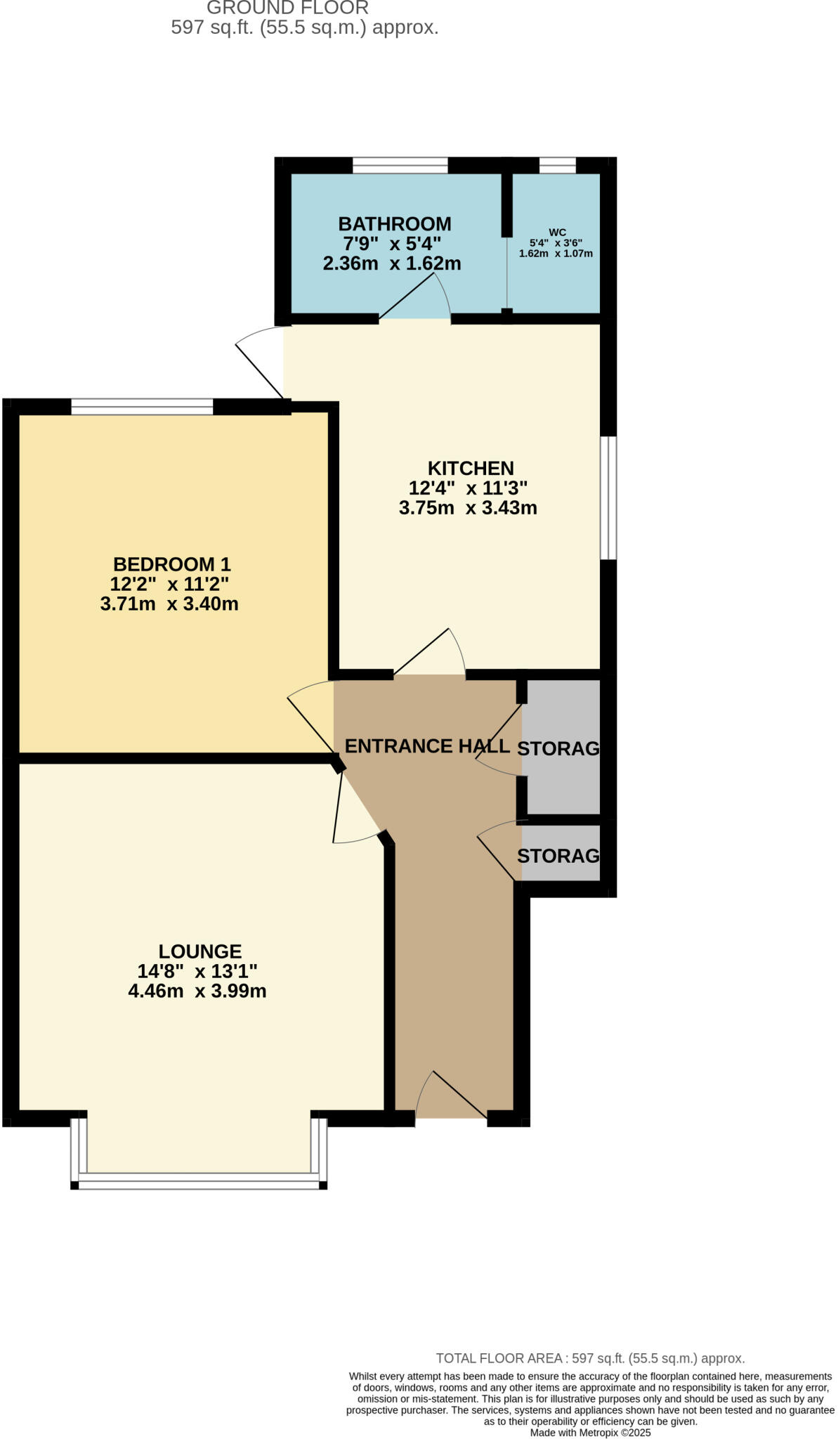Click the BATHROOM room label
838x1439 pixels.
coord(395,224)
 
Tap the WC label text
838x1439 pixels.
coord(557,233)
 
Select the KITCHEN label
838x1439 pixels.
coord(471,468)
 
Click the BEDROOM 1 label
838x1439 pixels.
coord(172,564)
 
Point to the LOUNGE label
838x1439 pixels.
coord(200,951)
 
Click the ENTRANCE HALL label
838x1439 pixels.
coord(427,746)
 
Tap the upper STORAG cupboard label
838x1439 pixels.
coord(558,748)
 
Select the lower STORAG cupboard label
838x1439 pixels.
coord(558,856)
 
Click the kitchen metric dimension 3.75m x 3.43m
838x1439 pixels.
coord(468,508)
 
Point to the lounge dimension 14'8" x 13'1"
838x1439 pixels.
coord(197,972)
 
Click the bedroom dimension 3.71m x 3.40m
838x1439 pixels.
coord(169,604)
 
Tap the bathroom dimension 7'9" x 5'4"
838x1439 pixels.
coord(392,244)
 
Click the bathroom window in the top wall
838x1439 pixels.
coord(400,166)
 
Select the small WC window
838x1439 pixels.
coord(557,166)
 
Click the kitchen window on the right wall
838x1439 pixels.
coord(608,498)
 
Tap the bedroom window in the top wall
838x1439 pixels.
coord(142,406)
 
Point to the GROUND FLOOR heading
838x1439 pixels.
coord(287,8)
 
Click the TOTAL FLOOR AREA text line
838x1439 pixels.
coord(590,1358)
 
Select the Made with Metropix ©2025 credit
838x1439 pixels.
coord(590,1432)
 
